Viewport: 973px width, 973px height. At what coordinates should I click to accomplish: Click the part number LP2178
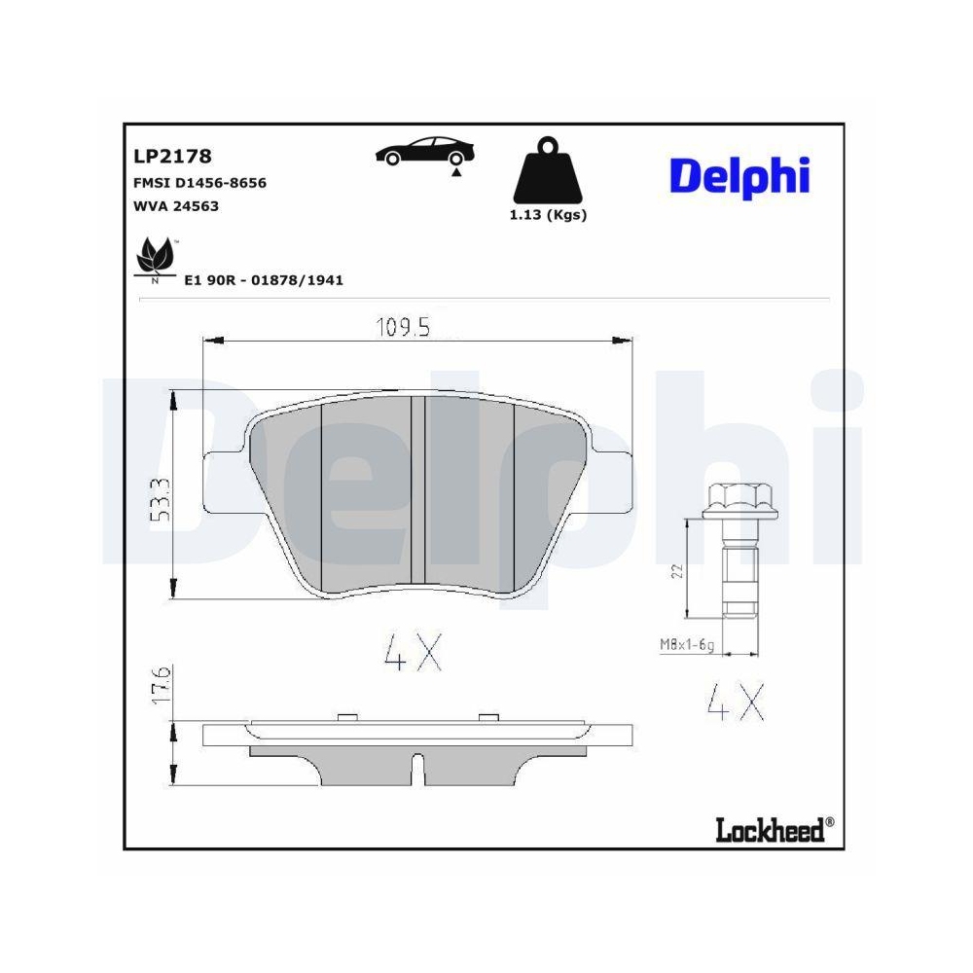pyautogui.click(x=171, y=155)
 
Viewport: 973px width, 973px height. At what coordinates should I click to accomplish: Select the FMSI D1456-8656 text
pyautogui.click(x=198, y=182)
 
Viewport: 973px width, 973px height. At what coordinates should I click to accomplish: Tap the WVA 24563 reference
pyautogui.click(x=174, y=205)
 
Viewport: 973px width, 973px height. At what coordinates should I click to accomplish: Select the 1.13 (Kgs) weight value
pyautogui.click(x=548, y=215)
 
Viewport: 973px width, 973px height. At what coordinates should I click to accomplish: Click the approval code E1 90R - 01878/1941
pyautogui.click(x=264, y=280)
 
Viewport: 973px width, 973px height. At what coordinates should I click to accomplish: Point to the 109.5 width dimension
pyautogui.click(x=403, y=328)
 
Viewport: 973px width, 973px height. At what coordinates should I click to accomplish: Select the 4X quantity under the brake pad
pyautogui.click(x=414, y=654)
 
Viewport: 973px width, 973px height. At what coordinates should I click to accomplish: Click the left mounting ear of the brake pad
pyautogui.click(x=222, y=483)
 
